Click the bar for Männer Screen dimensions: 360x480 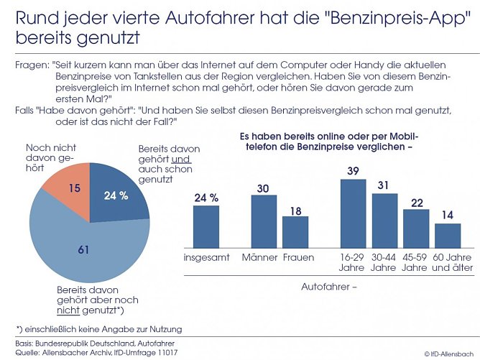[x=264, y=221]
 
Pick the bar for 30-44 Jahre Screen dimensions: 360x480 [x=384, y=220]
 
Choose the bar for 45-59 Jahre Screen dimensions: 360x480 [x=416, y=229]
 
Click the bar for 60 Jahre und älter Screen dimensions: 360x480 [x=448, y=235]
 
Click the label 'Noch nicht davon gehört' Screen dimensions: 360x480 [x=47, y=157]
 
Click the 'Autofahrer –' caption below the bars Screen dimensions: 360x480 [x=327, y=287]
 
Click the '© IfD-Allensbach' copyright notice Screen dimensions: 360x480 [x=448, y=354]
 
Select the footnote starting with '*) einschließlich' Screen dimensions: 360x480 [x=98, y=328]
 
